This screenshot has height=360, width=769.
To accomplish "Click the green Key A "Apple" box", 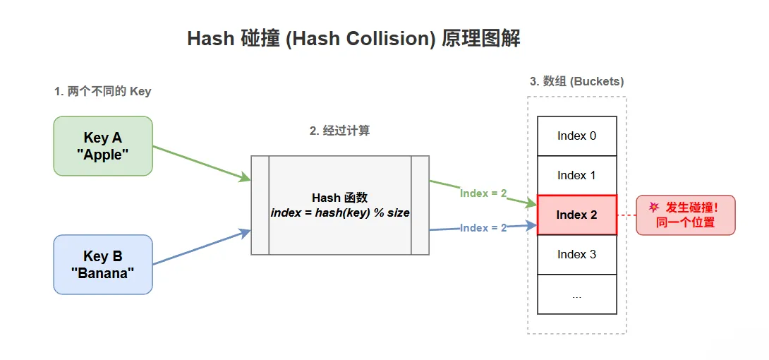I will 103,145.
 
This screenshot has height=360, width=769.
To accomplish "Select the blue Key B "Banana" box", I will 103,264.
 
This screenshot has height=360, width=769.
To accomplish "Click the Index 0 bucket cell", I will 576,136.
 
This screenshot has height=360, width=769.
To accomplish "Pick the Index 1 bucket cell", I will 576,175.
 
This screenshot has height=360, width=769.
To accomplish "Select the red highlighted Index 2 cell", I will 576,215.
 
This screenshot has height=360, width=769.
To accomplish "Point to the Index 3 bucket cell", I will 576,254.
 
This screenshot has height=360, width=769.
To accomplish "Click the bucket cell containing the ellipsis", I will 576,295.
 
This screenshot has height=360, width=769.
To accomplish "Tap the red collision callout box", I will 686,215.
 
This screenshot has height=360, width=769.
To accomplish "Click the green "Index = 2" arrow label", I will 483,193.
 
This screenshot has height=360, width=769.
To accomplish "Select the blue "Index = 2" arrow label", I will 483,228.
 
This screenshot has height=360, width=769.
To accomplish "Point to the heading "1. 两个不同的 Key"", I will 103,92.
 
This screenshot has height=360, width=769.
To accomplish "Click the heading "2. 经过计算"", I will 339,131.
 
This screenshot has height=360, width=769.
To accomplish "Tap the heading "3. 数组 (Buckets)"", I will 576,81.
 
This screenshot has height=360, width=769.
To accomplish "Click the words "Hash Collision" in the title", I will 361,39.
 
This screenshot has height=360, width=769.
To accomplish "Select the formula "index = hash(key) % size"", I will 339,212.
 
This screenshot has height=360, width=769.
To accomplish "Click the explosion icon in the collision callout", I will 654,208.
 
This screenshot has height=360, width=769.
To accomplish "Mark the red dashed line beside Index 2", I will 626,215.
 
